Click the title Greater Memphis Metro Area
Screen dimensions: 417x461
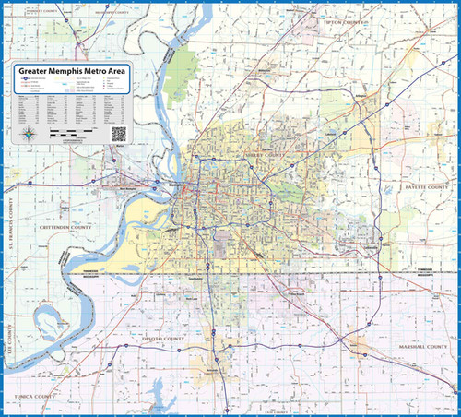(73, 70)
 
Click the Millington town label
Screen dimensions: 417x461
(266, 70)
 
